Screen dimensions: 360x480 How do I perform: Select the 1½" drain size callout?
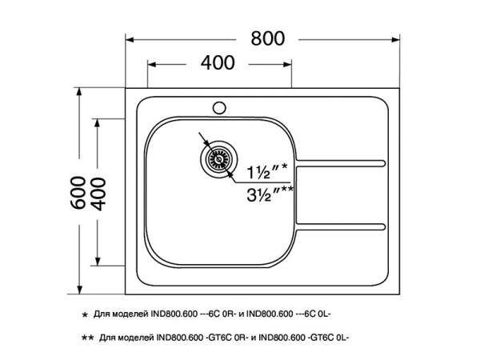[267, 170]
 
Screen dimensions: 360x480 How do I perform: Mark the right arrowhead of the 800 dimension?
[398, 38]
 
